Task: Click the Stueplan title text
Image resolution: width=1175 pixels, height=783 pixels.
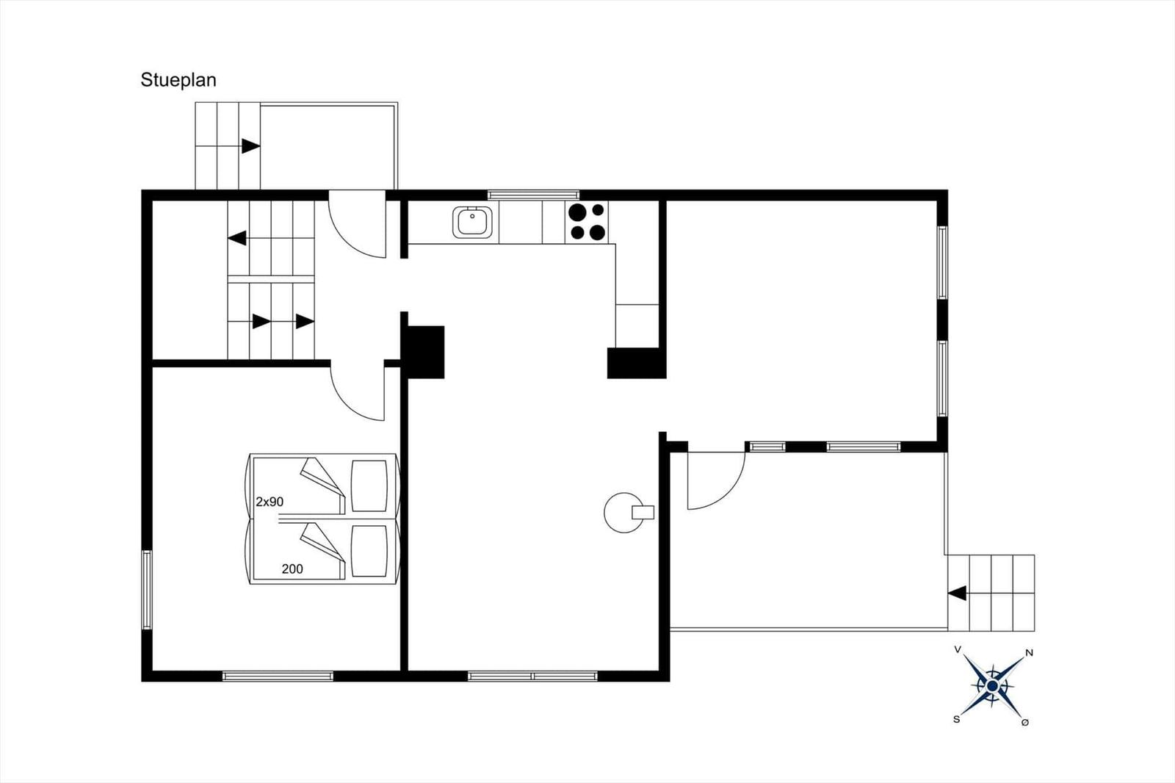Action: tap(178, 80)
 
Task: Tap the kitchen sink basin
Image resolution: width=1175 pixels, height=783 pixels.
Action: tap(473, 222)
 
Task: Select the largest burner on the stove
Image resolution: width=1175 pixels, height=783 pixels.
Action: tap(577, 212)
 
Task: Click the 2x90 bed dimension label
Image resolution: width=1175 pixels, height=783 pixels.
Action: tap(270, 502)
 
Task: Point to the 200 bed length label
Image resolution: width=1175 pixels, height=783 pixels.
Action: tap(292, 569)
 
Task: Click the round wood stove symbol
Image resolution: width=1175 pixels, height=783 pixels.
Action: tap(624, 513)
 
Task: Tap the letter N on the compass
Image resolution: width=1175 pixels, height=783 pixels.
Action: tap(1029, 654)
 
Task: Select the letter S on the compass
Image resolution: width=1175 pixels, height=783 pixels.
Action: tap(956, 720)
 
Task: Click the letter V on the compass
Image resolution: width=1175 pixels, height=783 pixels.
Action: tap(958, 650)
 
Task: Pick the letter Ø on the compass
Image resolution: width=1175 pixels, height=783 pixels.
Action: tap(1025, 723)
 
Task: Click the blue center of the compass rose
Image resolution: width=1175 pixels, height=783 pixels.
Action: tap(992, 686)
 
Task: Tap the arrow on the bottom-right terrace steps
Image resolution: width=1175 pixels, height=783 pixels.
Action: tap(957, 593)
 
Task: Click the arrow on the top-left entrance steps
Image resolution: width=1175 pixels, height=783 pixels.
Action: tap(250, 146)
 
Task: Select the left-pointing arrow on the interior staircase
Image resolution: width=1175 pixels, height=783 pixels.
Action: tap(237, 238)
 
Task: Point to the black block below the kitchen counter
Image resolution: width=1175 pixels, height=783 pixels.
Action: tap(636, 363)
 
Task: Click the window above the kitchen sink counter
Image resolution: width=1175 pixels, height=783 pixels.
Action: tap(533, 195)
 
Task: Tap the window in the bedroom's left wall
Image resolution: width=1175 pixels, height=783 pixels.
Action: tap(147, 589)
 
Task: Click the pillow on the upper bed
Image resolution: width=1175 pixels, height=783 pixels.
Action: tap(369, 486)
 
